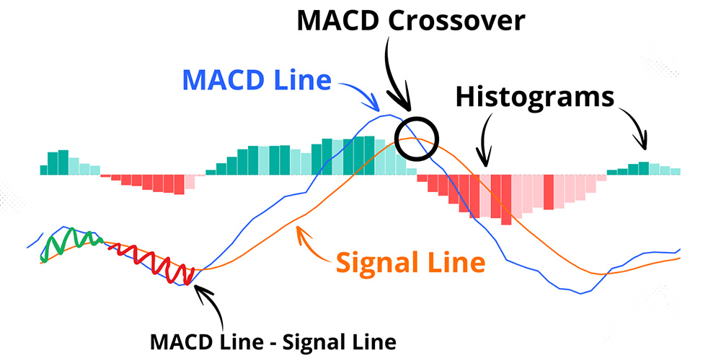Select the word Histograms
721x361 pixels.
tap(535, 98)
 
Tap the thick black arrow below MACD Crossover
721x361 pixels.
tap(394, 78)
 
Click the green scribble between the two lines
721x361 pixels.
tap(71, 244)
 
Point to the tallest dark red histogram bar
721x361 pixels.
tap(506, 200)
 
